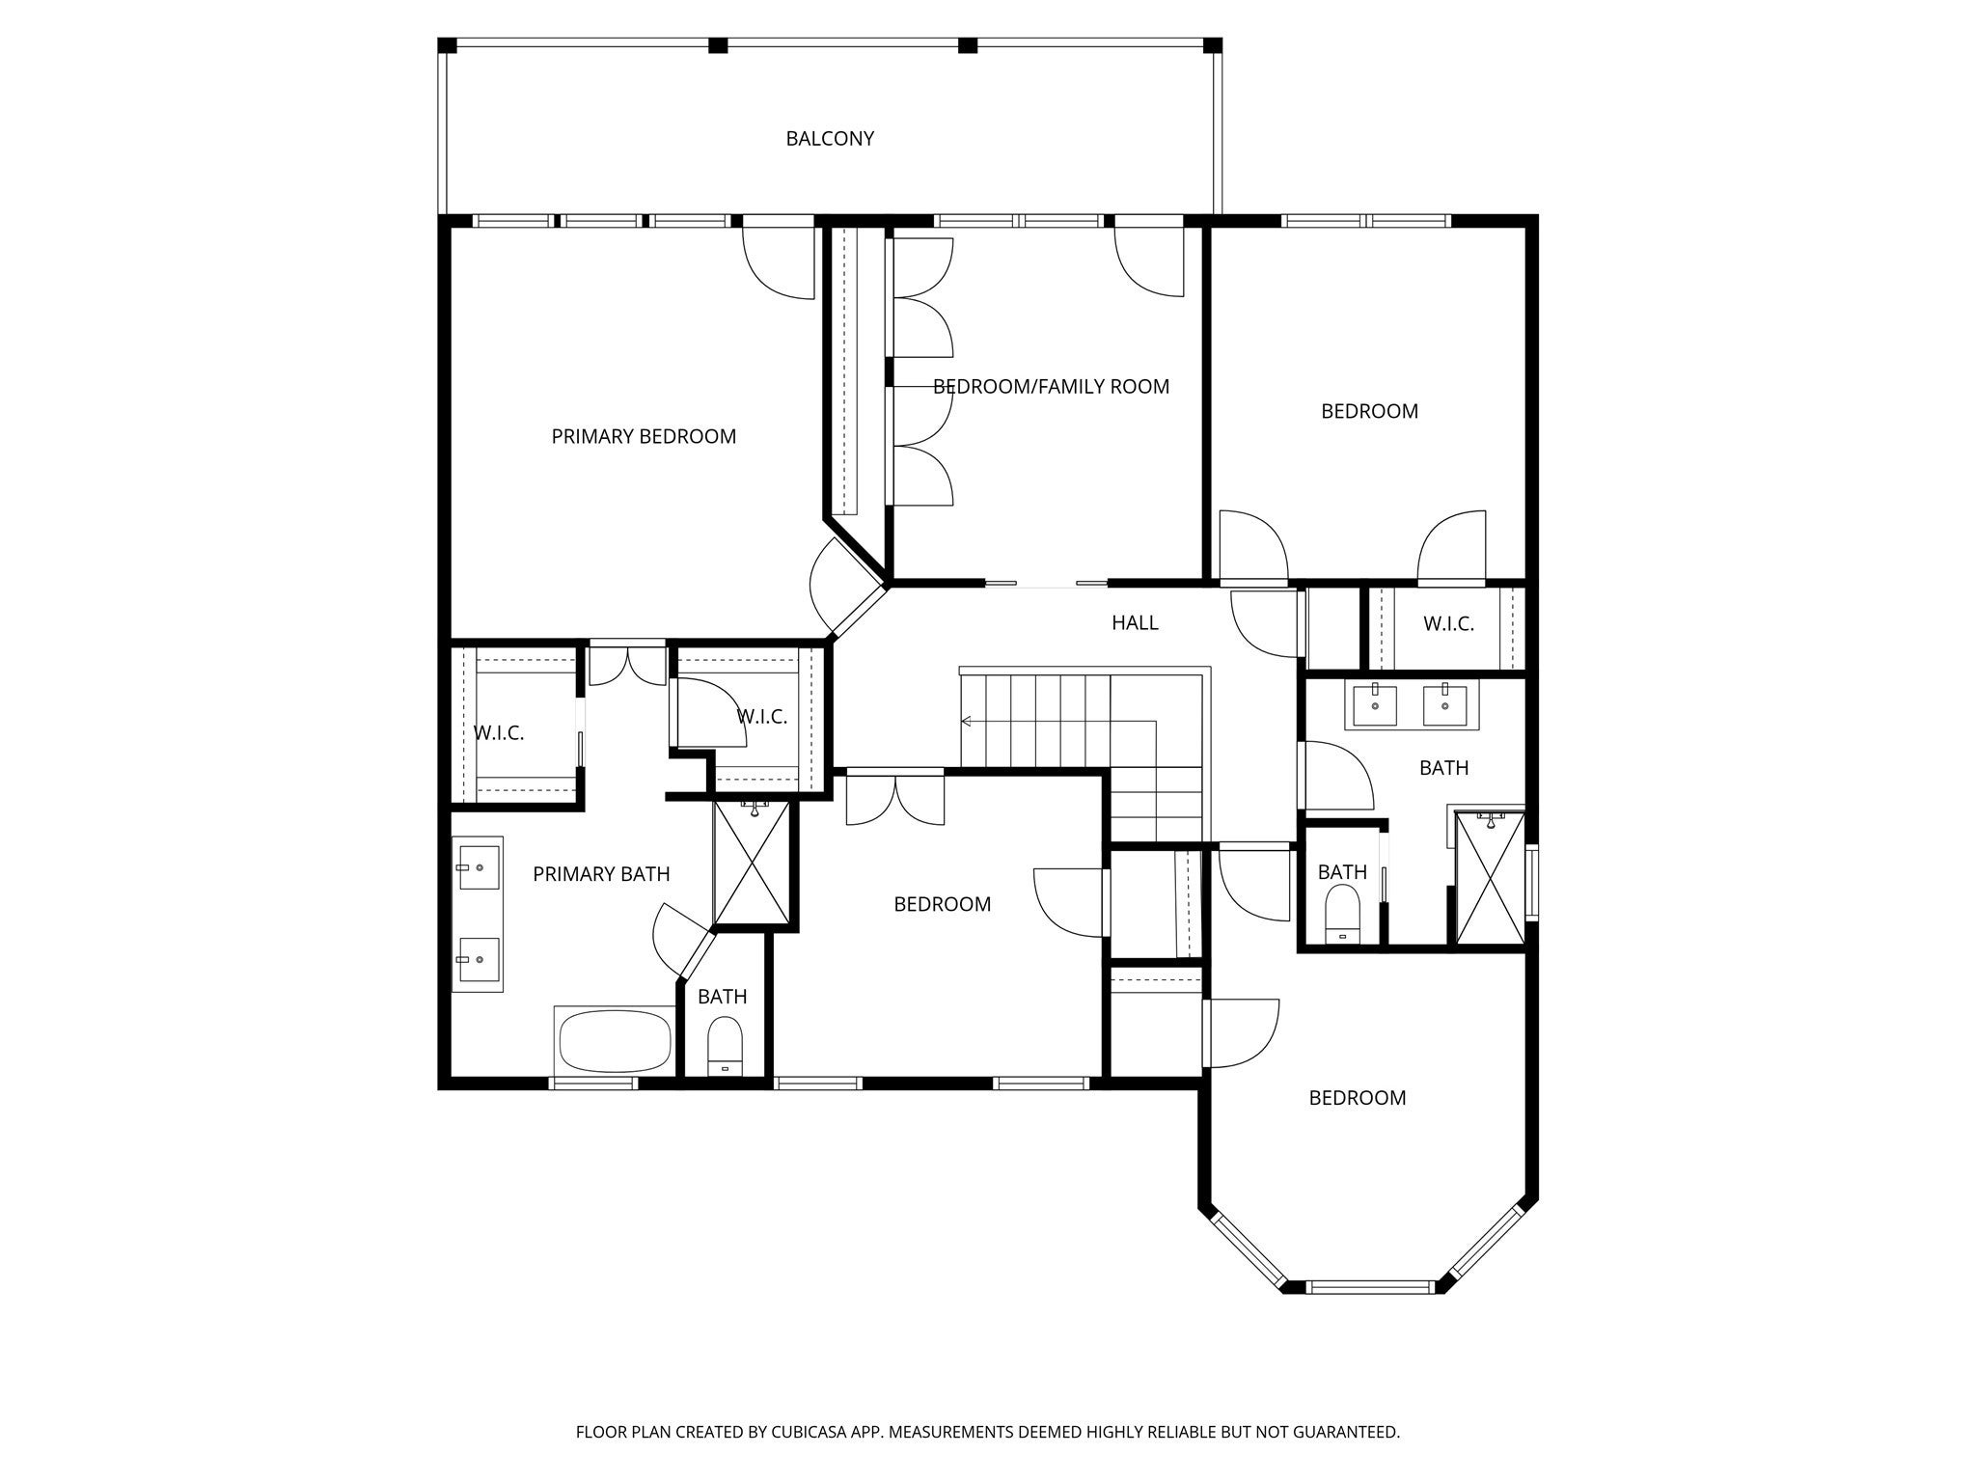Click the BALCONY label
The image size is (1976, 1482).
(x=830, y=139)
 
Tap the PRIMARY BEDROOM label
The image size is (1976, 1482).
(x=644, y=437)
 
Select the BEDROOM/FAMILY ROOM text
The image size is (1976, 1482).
(x=1051, y=387)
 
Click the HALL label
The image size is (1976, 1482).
(x=1135, y=623)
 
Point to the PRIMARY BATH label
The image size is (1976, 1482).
(x=601, y=874)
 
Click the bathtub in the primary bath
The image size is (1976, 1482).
(x=614, y=1040)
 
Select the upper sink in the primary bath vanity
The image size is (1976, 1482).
(x=478, y=867)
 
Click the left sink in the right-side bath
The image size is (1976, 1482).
(x=1374, y=704)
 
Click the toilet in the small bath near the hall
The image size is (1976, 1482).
(x=1342, y=914)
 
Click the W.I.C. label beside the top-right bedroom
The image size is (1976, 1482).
(x=1448, y=624)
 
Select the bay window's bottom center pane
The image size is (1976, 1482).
(x=1370, y=1286)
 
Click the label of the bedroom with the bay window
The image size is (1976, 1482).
(x=1357, y=1098)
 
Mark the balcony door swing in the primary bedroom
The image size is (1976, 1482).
(x=778, y=263)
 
